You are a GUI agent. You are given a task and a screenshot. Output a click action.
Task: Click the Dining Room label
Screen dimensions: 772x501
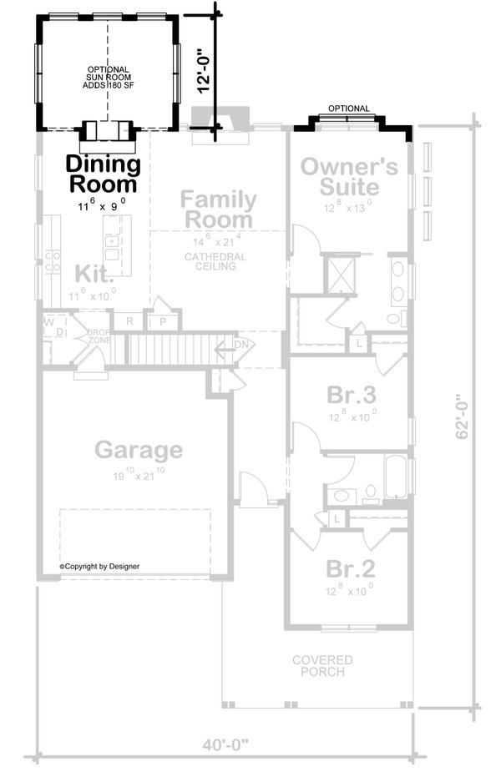(x=102, y=173)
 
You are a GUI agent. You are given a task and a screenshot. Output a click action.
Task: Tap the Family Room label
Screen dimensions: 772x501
(x=218, y=209)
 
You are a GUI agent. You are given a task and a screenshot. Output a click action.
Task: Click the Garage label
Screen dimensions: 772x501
(x=138, y=450)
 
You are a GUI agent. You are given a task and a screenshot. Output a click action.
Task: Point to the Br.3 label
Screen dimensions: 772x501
(x=351, y=393)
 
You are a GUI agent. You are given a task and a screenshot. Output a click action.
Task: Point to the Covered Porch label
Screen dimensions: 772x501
(x=321, y=666)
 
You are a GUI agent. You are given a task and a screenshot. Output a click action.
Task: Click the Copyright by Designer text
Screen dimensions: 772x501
(x=100, y=566)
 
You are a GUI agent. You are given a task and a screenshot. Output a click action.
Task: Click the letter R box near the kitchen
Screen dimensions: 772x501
(x=129, y=320)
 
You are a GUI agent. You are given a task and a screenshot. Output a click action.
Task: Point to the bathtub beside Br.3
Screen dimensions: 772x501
(x=397, y=475)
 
